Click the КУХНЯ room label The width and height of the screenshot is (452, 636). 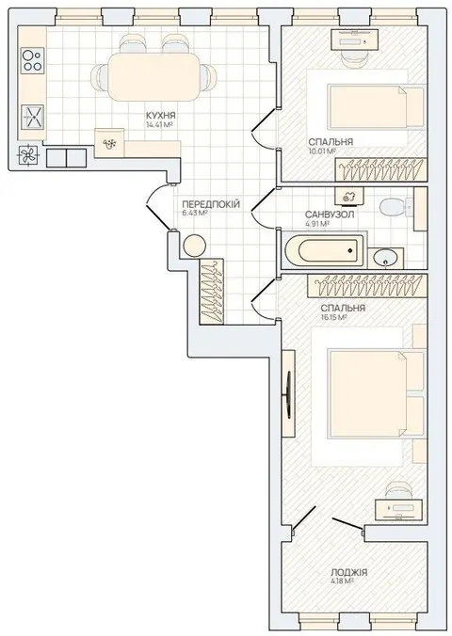click(161, 116)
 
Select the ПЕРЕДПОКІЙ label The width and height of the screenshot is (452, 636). click(211, 204)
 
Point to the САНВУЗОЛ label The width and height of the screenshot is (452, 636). click(330, 215)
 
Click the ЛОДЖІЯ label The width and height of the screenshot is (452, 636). click(348, 572)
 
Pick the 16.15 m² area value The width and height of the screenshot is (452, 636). click(333, 318)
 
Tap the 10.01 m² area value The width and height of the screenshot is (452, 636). click(322, 151)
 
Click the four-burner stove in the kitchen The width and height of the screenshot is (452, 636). click(33, 60)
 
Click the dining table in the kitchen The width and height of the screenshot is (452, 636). click(153, 77)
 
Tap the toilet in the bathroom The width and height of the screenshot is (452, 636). click(396, 207)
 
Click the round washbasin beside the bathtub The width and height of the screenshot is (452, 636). click(386, 257)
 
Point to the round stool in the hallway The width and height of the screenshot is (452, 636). click(195, 246)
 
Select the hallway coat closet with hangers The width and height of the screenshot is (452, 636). click(212, 292)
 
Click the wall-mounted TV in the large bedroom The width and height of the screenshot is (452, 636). click(288, 394)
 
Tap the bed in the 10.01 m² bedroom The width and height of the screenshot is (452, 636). click(376, 106)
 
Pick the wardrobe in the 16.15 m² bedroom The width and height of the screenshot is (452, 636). click(367, 286)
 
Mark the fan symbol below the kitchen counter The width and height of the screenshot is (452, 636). click(29, 155)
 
